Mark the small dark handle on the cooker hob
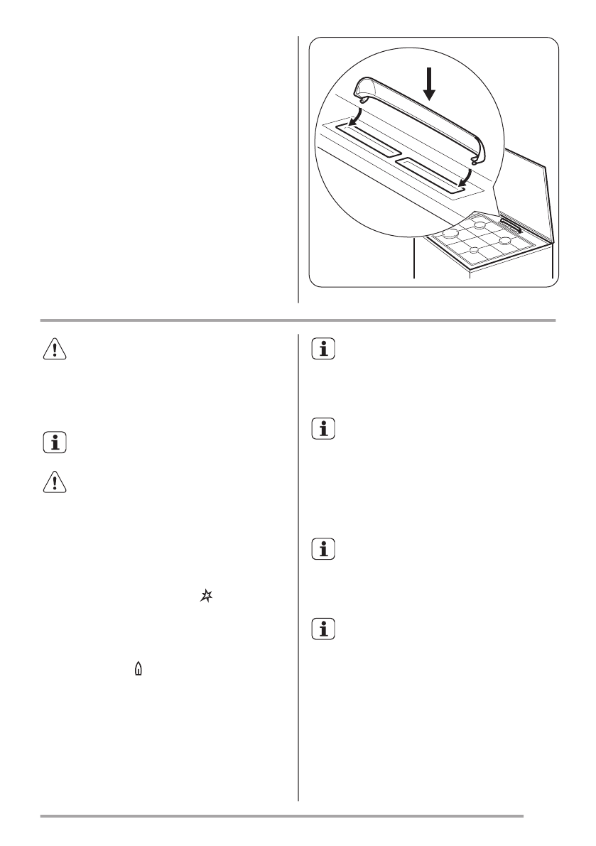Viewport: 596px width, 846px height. point(511,225)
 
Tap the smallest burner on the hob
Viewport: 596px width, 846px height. point(474,249)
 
